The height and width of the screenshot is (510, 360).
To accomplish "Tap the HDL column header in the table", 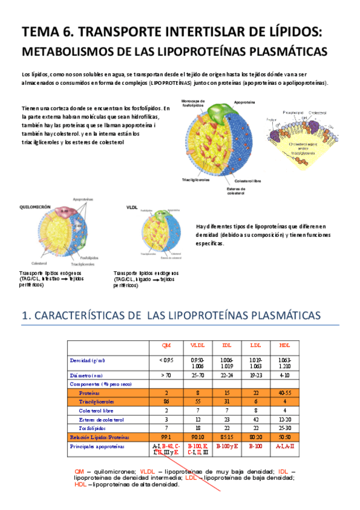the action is (284, 345).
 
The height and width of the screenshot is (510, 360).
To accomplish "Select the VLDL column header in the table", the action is (197, 345).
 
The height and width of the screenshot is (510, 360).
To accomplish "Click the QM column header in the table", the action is (166, 345).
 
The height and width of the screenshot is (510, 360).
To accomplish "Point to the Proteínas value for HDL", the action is (284, 392).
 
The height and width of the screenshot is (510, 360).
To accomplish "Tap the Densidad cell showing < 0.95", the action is (166, 360).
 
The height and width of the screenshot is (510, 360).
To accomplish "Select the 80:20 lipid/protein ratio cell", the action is (255, 436).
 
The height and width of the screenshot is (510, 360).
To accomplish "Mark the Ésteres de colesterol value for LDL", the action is (255, 419).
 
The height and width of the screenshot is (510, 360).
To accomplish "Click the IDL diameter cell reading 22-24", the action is (227, 375).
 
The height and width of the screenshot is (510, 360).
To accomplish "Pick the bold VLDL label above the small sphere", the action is (132, 206).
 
